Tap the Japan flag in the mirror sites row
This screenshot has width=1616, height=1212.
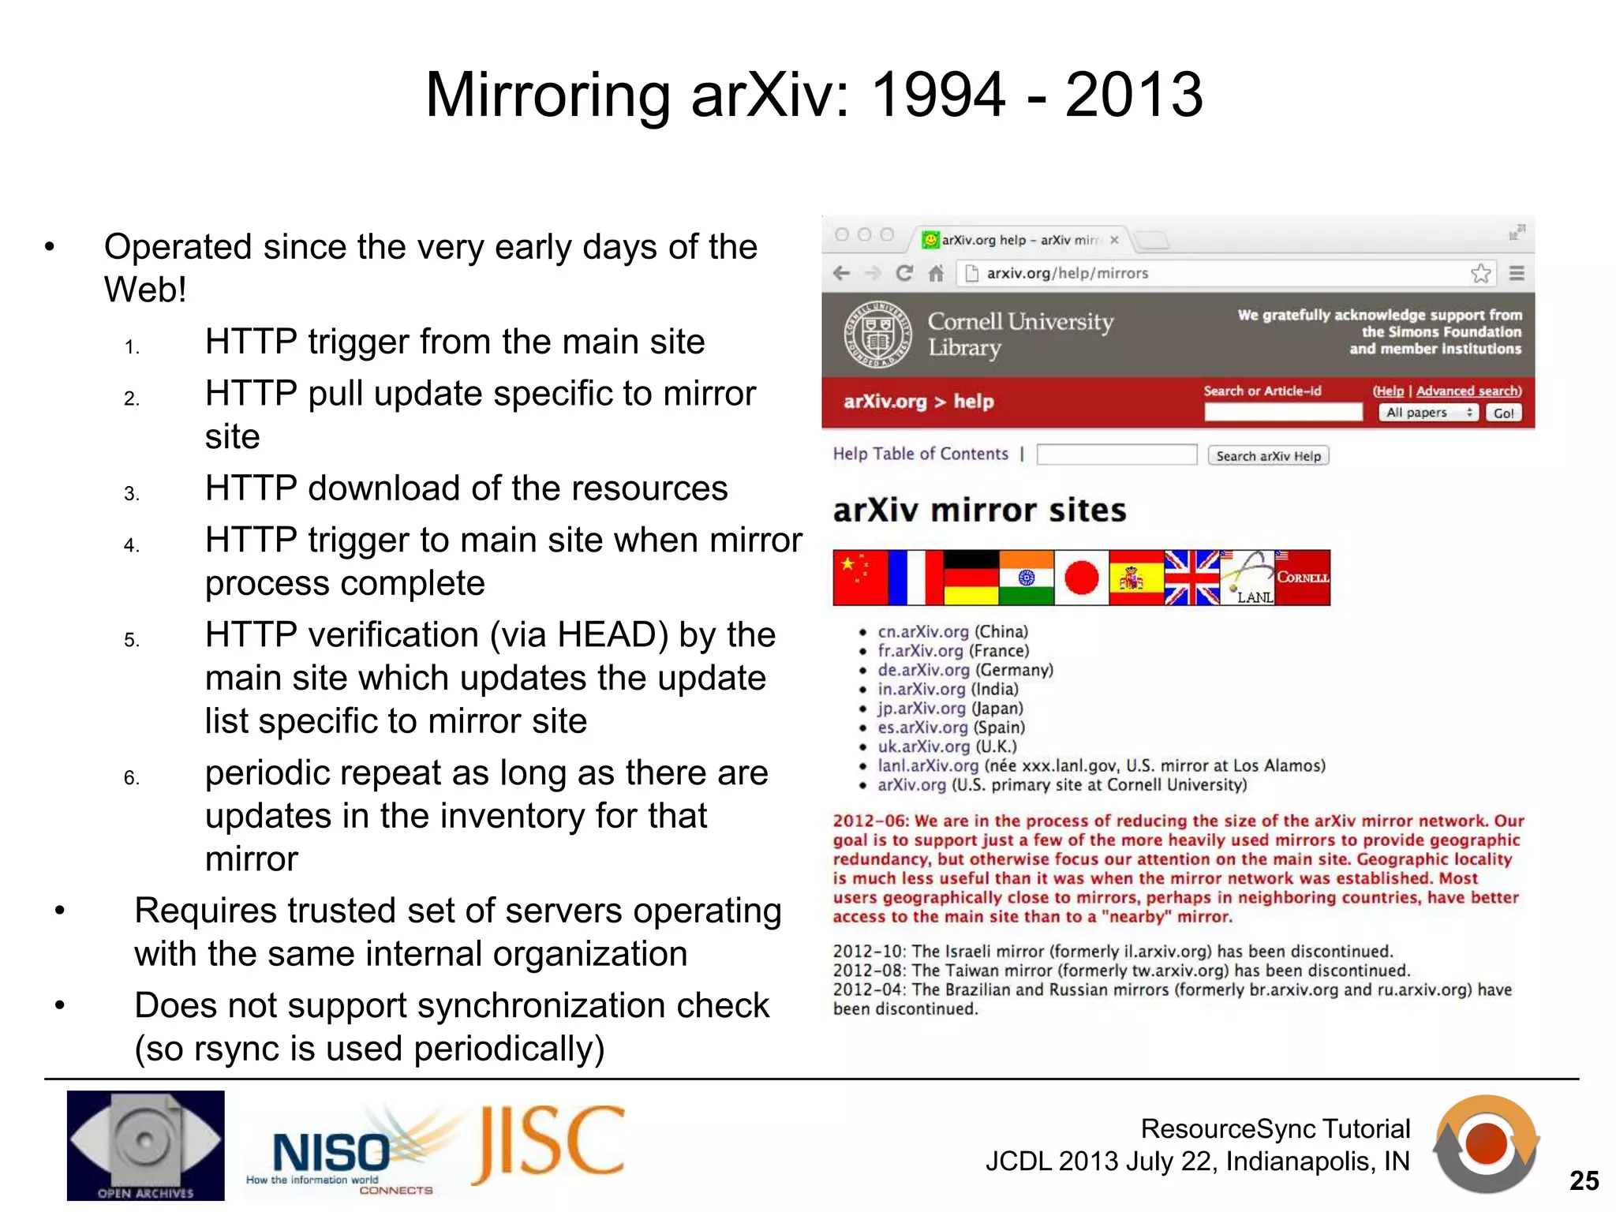(x=1081, y=578)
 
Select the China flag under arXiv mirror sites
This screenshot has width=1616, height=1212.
(x=860, y=578)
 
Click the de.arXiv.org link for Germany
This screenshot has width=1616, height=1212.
(x=923, y=670)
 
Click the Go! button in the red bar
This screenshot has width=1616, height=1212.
(x=1503, y=413)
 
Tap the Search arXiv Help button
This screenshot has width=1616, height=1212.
(x=1268, y=456)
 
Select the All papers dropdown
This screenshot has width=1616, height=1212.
(x=1429, y=413)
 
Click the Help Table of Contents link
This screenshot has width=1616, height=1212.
(x=920, y=454)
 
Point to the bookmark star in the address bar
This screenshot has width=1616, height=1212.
(x=1480, y=274)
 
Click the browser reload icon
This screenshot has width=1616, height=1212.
(x=904, y=274)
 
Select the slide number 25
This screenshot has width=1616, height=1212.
(x=1584, y=1180)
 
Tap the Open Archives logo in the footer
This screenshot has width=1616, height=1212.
(x=145, y=1145)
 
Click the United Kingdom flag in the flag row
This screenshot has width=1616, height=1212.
(x=1191, y=578)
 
